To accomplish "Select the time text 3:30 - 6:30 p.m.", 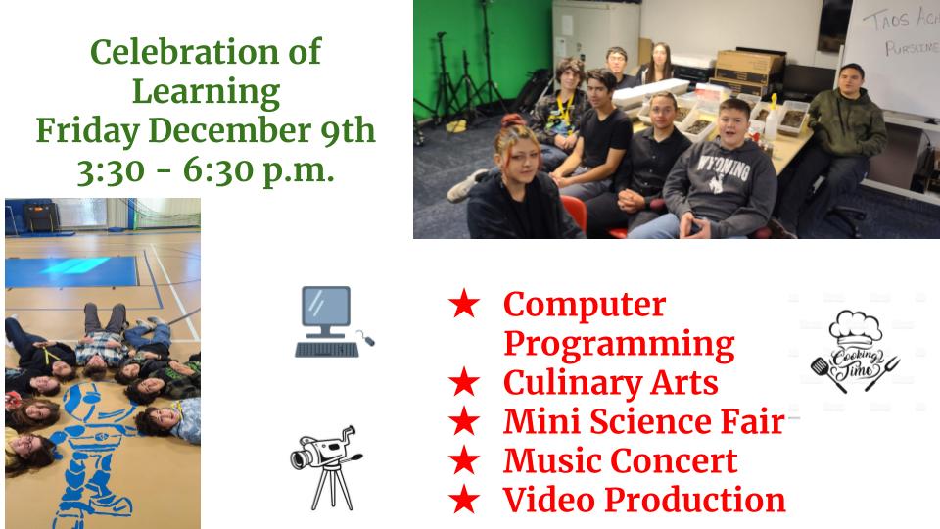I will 206,170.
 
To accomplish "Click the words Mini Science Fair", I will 643,421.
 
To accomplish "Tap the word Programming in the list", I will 618,344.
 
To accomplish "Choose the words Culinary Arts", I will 610,382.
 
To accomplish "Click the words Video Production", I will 644,500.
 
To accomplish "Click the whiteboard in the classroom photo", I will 891,49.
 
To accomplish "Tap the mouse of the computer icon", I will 366,340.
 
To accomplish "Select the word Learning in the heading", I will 206,91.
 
